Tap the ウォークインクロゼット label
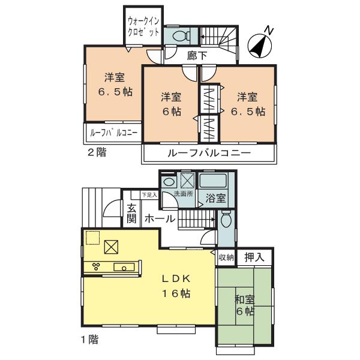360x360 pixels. pos(143,26)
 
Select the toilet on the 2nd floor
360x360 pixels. pos(179,37)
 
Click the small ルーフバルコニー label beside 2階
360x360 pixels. pos(114,133)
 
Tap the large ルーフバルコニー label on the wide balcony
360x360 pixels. pos(208,154)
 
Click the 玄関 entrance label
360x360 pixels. pos(131,214)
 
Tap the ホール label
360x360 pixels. pos(160,219)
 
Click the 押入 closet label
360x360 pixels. pos(253,257)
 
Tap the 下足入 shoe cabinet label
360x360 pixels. pos(149,194)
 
